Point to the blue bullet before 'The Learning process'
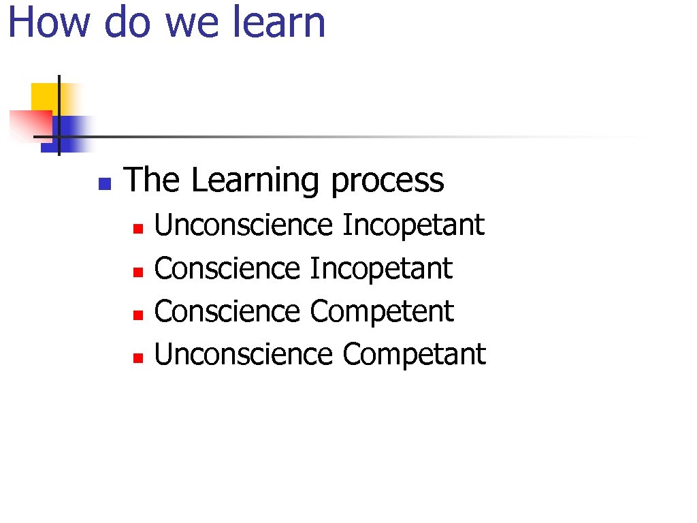(x=104, y=183)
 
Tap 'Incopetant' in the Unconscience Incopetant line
(x=413, y=225)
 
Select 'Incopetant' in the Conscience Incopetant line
(x=381, y=268)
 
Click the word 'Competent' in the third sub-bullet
(x=382, y=312)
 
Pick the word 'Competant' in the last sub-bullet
(x=414, y=355)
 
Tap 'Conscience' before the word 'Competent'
(x=227, y=312)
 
